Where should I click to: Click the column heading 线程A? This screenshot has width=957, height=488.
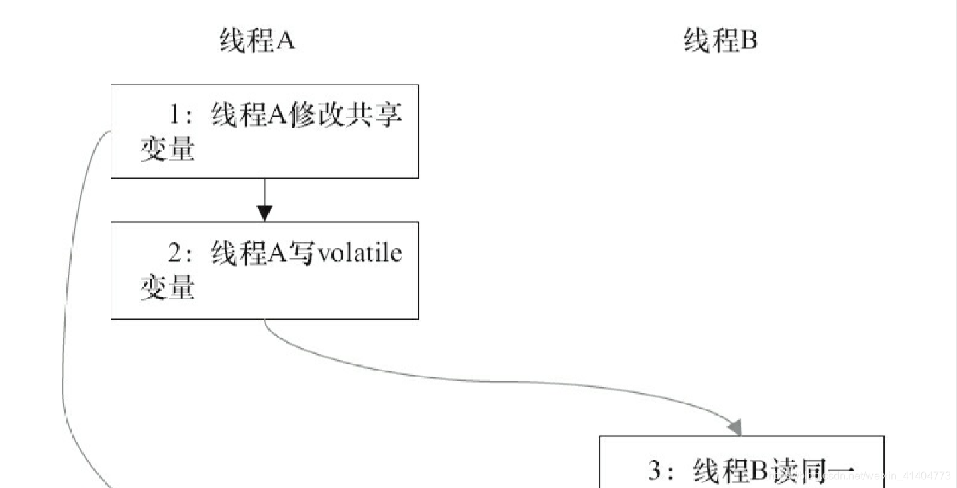click(x=257, y=42)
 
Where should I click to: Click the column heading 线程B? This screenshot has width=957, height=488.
click(x=720, y=42)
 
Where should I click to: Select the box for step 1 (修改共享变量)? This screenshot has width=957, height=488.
click(x=264, y=132)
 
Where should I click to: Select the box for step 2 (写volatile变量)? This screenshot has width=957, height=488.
click(x=264, y=270)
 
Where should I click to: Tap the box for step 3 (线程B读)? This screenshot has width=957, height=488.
click(x=741, y=463)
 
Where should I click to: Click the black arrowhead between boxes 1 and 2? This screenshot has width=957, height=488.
click(x=265, y=213)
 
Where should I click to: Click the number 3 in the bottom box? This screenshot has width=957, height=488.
click(x=655, y=471)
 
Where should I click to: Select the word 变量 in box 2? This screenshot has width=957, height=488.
click(x=167, y=289)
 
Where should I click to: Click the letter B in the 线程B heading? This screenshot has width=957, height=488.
click(x=748, y=42)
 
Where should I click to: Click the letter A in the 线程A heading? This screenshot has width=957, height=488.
click(x=286, y=42)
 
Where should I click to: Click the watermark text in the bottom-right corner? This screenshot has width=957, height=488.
click(x=865, y=475)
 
